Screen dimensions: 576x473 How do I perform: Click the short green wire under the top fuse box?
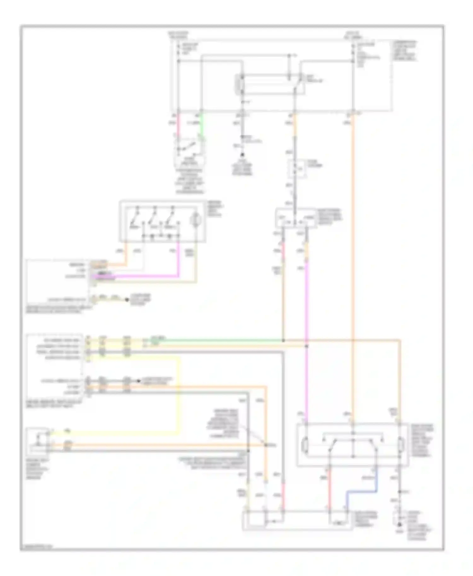[x=201, y=125]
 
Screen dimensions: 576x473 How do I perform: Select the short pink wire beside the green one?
[x=178, y=125]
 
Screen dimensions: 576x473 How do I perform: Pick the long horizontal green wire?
[x=221, y=341]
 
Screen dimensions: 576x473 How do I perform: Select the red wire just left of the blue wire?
[x=329, y=492]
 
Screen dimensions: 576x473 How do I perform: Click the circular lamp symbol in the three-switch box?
[x=196, y=220]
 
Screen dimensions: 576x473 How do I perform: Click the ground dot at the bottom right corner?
[x=400, y=524]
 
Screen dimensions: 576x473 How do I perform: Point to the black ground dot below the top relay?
[x=242, y=155]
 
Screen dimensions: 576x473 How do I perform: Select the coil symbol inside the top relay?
[x=242, y=85]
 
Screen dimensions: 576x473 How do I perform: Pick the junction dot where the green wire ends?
[x=283, y=341]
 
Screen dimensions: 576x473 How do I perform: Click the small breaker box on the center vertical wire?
[x=297, y=169]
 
